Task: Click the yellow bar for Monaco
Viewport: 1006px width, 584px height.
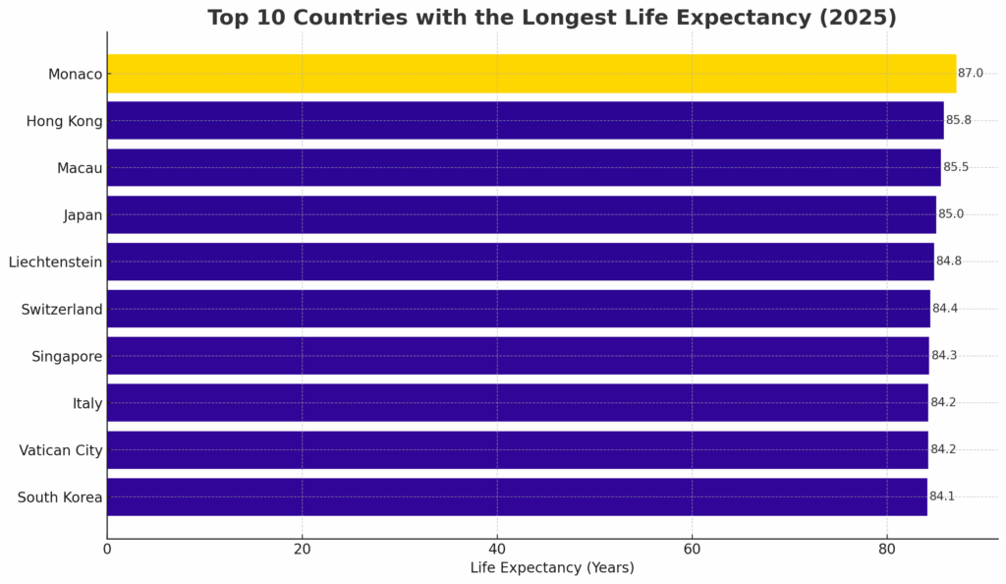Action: (x=531, y=74)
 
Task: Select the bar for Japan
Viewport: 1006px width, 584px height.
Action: (x=521, y=214)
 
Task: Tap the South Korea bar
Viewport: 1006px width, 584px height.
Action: (x=517, y=496)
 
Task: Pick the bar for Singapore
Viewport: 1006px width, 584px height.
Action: (x=518, y=356)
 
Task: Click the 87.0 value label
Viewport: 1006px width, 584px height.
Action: (x=971, y=74)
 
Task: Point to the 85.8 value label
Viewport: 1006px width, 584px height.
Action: (x=959, y=121)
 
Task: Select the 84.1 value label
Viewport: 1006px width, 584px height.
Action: (x=942, y=496)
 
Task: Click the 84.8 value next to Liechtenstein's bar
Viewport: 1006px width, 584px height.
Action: (x=949, y=262)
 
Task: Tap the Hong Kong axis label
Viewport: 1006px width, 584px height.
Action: (x=65, y=121)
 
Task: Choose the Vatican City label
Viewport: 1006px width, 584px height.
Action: (x=61, y=450)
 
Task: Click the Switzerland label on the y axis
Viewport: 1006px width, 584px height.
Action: (x=62, y=310)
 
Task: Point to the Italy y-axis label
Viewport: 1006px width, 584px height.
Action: (x=87, y=403)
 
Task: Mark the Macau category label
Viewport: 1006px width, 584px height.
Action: (x=80, y=168)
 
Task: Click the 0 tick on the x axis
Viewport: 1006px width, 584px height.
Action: (x=107, y=549)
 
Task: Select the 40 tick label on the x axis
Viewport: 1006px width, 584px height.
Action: (x=497, y=549)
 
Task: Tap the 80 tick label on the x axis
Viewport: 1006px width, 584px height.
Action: (x=887, y=549)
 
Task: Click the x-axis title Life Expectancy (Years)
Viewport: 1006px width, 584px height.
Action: (x=552, y=567)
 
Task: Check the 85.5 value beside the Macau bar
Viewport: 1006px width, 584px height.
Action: (x=956, y=167)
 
